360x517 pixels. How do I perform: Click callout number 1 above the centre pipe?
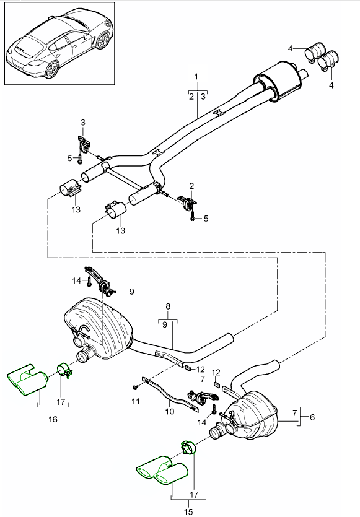point(196,77)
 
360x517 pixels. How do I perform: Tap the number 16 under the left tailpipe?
point(53,419)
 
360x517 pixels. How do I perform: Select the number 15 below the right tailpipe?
point(188,511)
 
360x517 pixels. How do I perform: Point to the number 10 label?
point(170,412)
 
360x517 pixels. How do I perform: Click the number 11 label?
point(136,401)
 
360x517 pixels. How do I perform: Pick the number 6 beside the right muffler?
point(312,417)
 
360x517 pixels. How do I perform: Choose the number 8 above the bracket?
point(168,306)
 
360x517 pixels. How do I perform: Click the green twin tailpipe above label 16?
point(28,380)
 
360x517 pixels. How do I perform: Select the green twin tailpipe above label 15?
point(162,471)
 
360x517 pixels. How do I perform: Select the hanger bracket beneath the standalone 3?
point(84,144)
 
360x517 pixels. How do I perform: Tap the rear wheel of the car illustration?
point(52,70)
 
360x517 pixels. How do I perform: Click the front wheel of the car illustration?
point(103,40)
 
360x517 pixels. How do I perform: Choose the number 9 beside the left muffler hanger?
point(131,292)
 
